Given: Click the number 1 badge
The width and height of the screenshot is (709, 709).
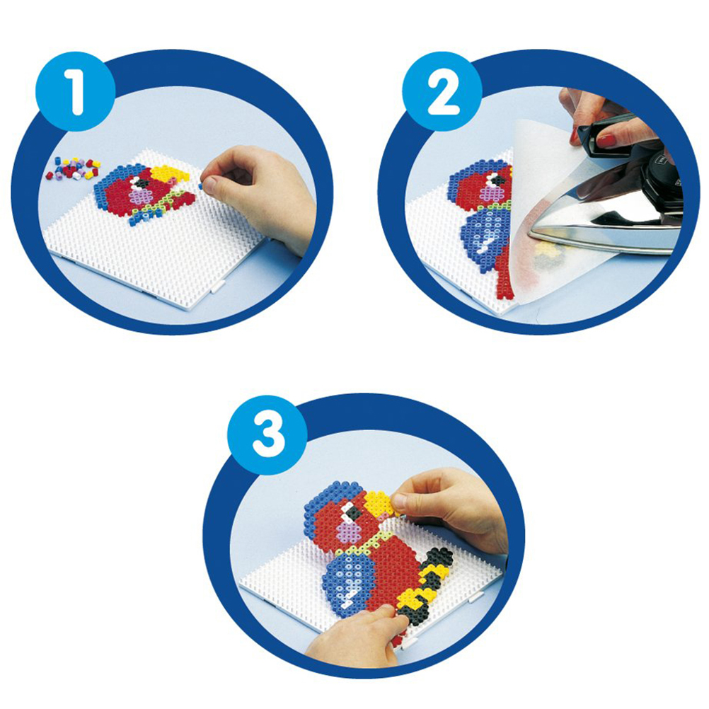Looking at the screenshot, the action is (x=76, y=91).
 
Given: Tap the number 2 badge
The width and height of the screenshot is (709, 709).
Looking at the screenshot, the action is (x=443, y=91).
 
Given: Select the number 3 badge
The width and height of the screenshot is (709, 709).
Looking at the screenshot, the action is (x=267, y=434).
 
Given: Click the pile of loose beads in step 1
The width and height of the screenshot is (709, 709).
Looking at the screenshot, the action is (x=73, y=168).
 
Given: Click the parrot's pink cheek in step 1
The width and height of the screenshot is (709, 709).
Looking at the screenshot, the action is (x=141, y=196).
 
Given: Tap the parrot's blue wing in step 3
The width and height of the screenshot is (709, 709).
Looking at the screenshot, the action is (x=349, y=582).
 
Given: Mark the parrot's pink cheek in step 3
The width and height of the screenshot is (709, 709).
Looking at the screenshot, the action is (x=347, y=529).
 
